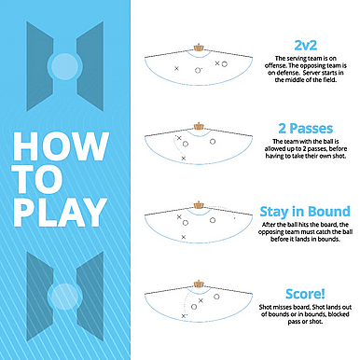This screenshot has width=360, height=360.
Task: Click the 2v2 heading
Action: point(306,46)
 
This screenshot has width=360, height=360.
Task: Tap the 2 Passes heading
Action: point(306,129)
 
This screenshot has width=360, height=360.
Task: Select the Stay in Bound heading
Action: point(305,212)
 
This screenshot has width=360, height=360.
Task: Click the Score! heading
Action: point(305,294)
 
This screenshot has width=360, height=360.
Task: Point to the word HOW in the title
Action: point(61,146)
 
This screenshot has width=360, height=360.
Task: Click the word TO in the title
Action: point(38,179)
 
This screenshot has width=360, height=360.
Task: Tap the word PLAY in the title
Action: point(61,213)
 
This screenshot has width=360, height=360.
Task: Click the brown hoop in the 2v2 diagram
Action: point(199,48)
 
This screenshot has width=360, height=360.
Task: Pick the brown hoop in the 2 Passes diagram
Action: point(199,126)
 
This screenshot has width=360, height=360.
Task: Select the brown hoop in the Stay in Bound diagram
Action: point(199,205)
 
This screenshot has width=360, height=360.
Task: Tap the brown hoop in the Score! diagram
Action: point(199,284)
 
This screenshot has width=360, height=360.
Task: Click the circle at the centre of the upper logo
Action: point(64,66)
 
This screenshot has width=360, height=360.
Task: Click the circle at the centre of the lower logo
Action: point(64,297)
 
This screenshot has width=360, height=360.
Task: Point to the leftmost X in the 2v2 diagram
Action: point(176,68)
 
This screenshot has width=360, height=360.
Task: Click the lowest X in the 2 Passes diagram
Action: point(184,159)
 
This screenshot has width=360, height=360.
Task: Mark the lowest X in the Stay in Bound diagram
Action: point(184,237)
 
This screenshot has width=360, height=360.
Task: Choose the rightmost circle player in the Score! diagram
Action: point(216,297)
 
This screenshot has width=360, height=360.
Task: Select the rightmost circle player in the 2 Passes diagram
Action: point(213,142)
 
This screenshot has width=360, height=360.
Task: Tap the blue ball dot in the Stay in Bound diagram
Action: point(234,218)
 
